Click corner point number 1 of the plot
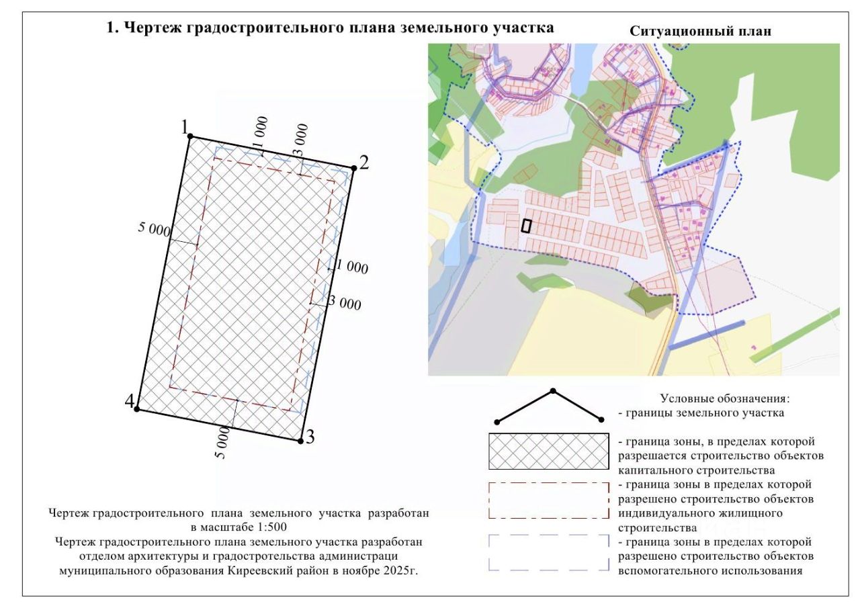pos(190,136)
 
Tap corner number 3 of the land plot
pos(300,441)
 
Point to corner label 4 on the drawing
pos(130,401)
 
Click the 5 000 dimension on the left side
pos(154,230)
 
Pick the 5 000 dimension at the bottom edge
pos(222,443)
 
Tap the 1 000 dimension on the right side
pos(352,267)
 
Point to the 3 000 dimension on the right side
pos(345,303)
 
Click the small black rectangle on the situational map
pos(526,226)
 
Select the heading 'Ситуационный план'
pos(700,31)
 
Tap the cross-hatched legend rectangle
pos(549,451)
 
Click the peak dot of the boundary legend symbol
pos(553,391)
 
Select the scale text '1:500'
pos(272,527)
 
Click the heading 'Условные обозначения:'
pos(725,398)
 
